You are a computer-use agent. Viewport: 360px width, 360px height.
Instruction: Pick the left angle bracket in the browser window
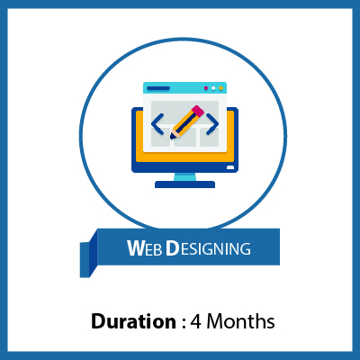point(157,122)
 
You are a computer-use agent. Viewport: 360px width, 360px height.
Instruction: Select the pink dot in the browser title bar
point(206,88)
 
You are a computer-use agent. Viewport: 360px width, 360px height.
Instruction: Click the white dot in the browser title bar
point(213,88)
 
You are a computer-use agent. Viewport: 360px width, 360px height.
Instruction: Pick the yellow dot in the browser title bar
point(220,88)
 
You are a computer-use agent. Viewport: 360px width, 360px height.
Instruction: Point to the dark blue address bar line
point(158,88)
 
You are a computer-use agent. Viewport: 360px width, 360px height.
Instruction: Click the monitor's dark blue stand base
point(184,184)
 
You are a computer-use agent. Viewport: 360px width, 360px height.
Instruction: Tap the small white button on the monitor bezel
point(230,166)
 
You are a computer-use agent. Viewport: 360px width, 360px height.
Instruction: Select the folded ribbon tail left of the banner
point(88,258)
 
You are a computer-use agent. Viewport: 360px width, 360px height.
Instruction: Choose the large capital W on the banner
point(133,247)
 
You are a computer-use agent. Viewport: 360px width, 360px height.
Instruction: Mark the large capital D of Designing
point(171,247)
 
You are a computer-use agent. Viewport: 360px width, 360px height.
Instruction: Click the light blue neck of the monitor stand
point(184,176)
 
